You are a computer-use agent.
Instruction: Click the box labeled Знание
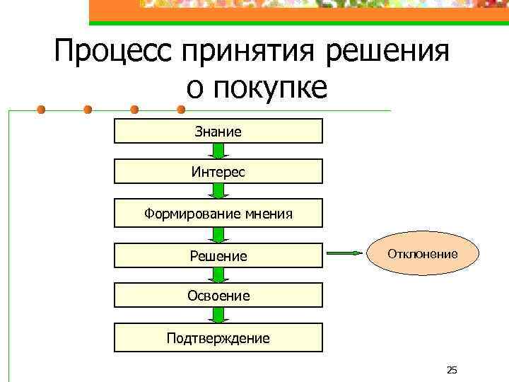218,131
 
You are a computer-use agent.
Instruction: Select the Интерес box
218,171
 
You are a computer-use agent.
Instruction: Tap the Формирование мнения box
218,213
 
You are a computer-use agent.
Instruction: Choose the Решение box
218,255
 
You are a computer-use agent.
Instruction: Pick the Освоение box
218,296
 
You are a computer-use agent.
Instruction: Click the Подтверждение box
218,337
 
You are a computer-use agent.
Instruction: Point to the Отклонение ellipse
422,253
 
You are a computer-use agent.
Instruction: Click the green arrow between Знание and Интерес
218,151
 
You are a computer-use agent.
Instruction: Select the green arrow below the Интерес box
218,192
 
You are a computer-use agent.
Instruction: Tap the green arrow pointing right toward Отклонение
346,253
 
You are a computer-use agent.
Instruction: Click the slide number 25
452,370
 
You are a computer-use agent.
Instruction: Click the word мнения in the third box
266,213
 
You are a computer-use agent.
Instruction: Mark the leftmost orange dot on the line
42,110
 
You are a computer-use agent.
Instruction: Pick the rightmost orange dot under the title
180,110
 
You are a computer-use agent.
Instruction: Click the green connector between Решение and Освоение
218,275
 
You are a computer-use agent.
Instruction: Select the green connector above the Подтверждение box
218,316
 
